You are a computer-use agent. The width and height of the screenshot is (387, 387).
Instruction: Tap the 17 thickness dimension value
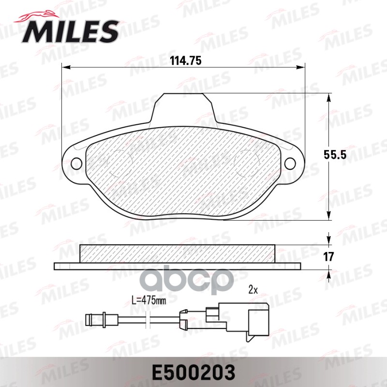(329, 256)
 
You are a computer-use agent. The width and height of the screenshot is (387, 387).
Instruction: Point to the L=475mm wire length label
(149, 300)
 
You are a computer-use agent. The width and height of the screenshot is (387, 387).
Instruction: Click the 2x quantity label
(252, 291)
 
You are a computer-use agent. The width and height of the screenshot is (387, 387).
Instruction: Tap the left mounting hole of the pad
(76, 164)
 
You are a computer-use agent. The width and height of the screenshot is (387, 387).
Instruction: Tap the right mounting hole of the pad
(290, 164)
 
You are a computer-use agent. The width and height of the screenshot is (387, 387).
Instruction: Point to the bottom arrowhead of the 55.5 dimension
(329, 217)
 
